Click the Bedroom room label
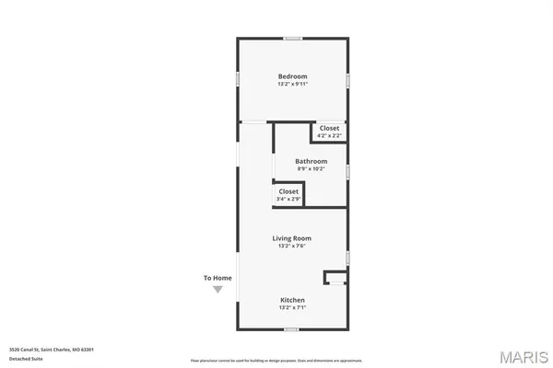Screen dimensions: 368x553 [x=293, y=76]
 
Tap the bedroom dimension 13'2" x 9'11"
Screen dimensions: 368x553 [x=293, y=84]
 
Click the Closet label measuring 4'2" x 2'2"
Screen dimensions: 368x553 [x=329, y=128]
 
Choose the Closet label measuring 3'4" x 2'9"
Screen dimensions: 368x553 [x=288, y=191]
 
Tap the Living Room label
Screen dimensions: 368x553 [x=292, y=238]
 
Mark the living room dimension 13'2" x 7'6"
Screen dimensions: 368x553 [x=292, y=246]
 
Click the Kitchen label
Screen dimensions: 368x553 [x=292, y=300]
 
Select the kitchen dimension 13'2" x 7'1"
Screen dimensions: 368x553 [x=292, y=307]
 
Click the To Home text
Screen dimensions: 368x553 [x=218, y=278]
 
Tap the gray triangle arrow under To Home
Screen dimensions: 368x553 [x=218, y=289]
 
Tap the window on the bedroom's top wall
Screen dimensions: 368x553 [x=293, y=39]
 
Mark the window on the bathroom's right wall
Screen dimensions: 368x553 [x=347, y=171]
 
